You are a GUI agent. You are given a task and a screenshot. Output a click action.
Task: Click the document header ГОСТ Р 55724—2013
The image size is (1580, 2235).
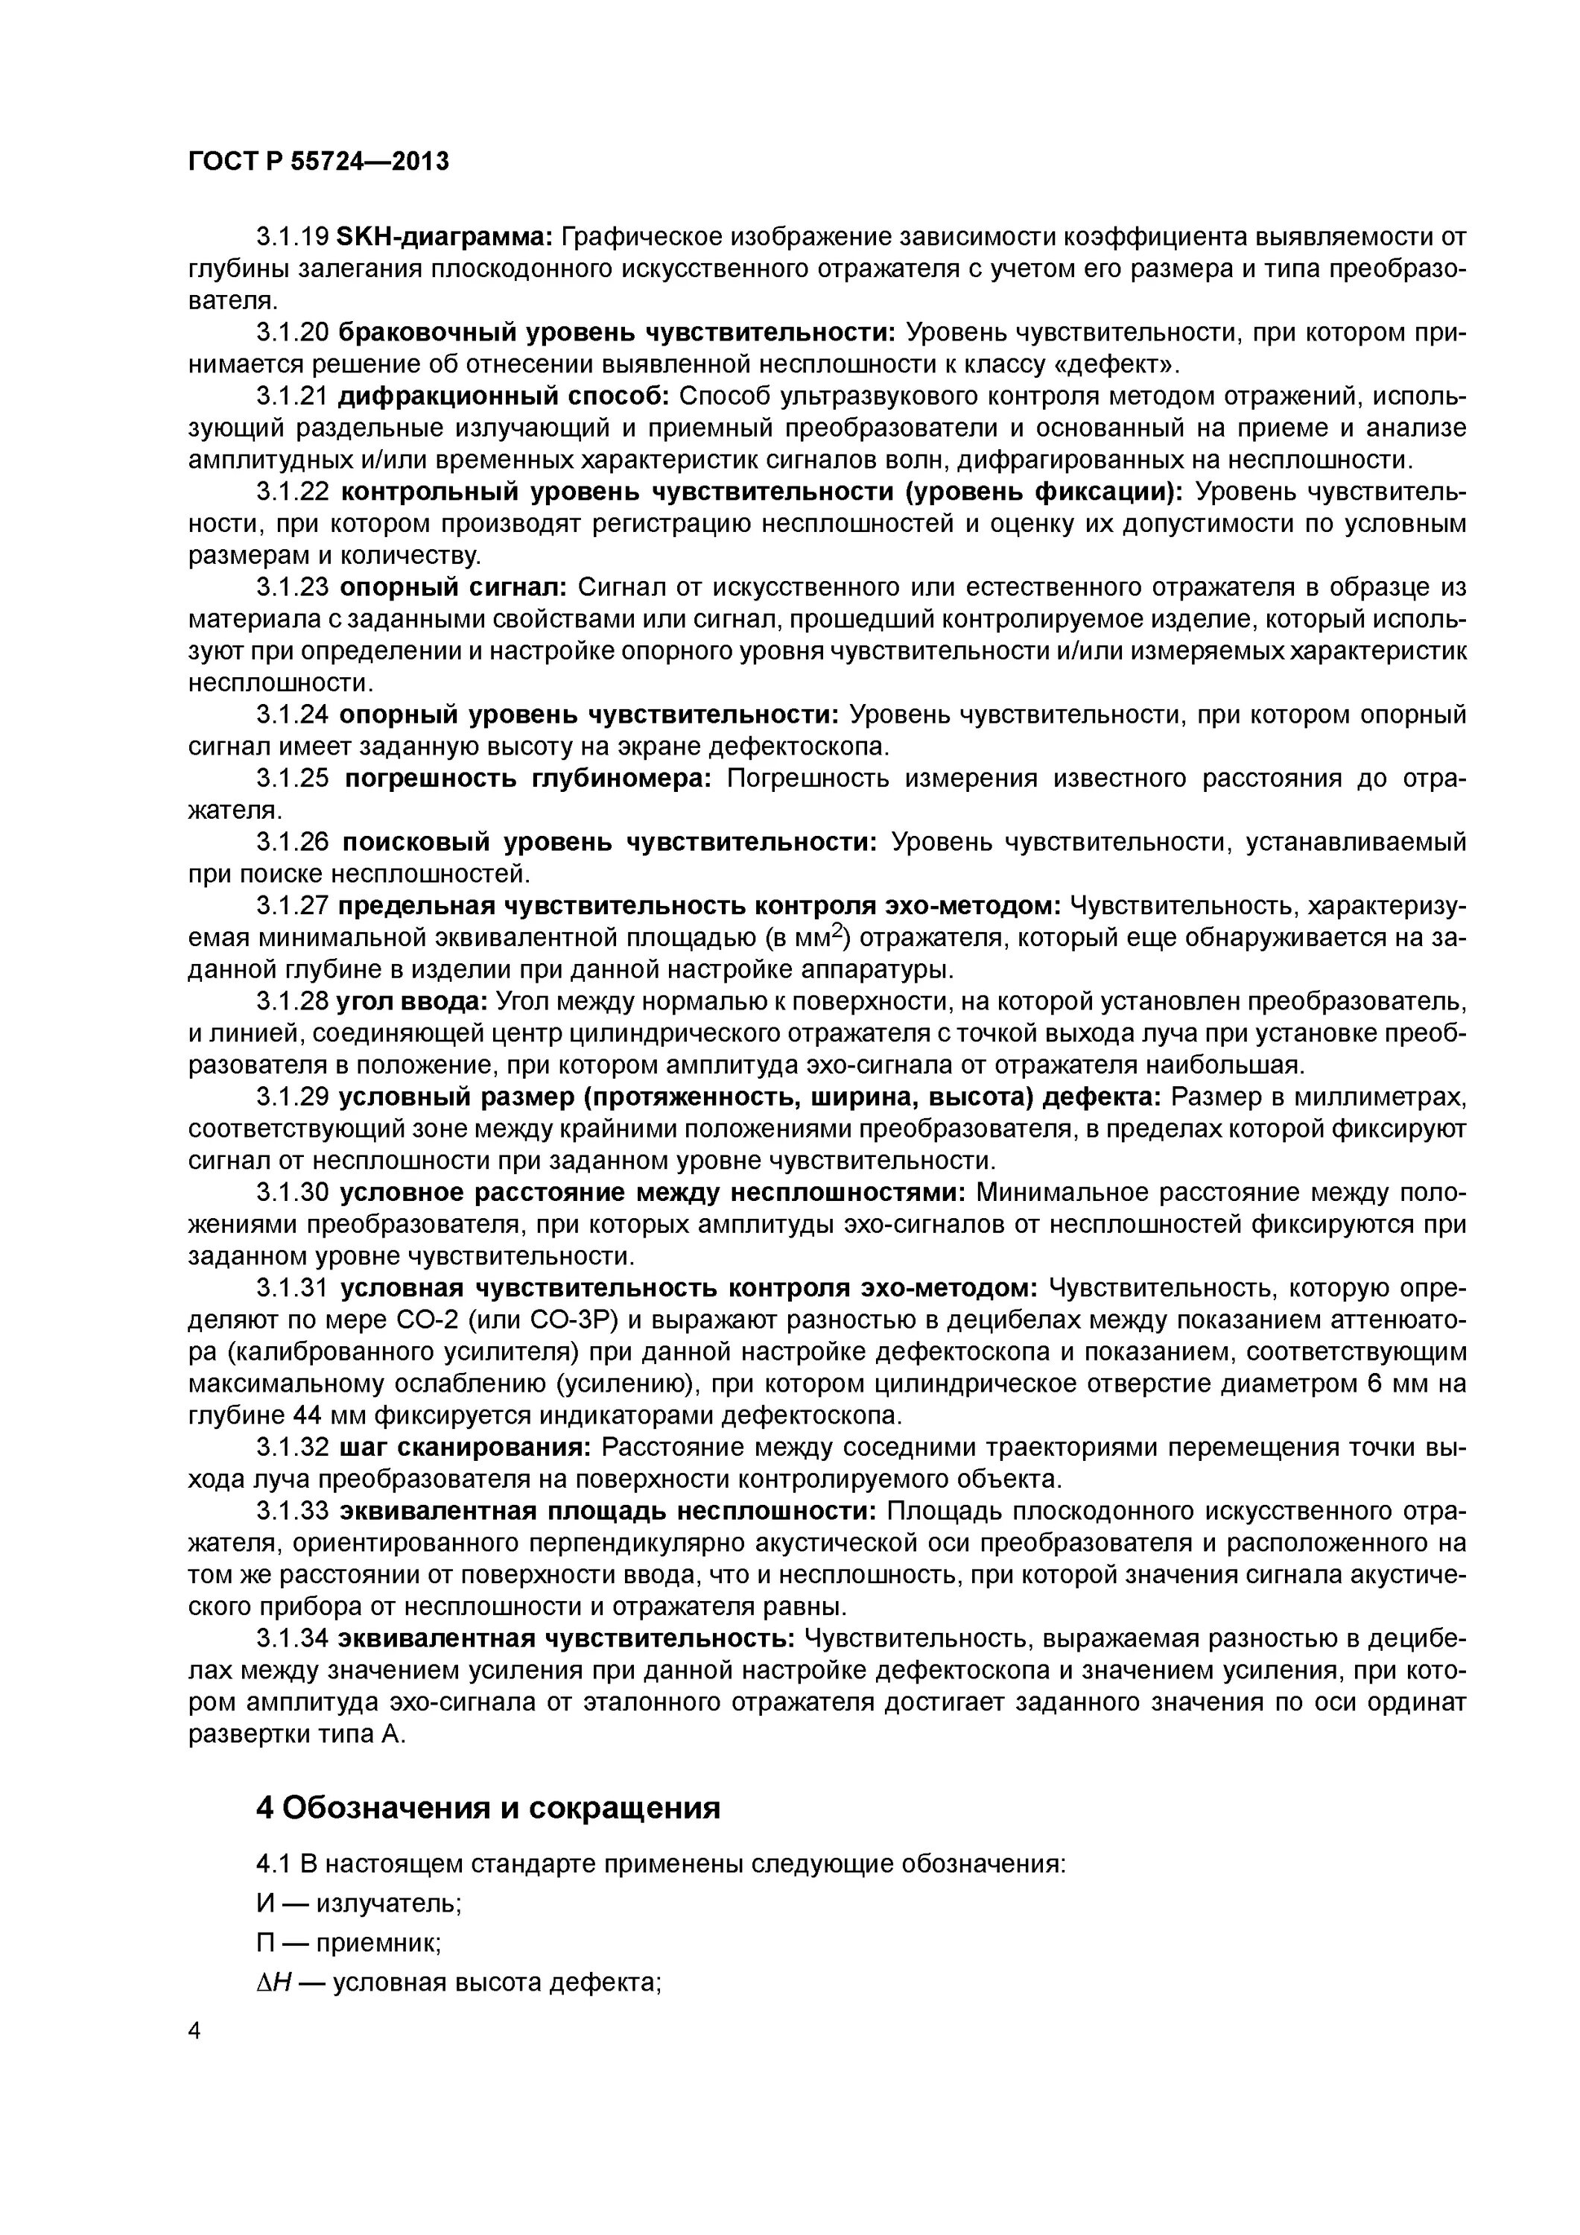(x=318, y=162)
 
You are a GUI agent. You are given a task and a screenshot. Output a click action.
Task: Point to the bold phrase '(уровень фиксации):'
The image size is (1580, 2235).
(x=1044, y=492)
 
